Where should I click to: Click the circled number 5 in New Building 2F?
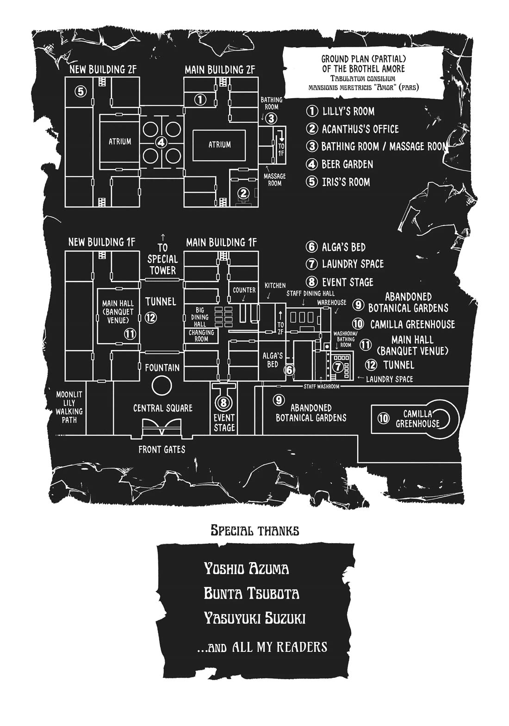[x=81, y=91]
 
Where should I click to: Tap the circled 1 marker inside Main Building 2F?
[x=199, y=99]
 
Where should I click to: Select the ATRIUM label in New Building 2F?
[x=120, y=142]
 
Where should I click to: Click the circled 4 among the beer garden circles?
[x=161, y=142]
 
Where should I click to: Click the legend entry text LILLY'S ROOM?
[x=348, y=111]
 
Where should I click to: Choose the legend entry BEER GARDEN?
[x=347, y=164]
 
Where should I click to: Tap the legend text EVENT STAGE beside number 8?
[x=347, y=282]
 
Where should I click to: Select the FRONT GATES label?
[x=161, y=449]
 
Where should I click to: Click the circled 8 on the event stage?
[x=223, y=402]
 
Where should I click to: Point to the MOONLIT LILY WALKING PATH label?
[x=69, y=407]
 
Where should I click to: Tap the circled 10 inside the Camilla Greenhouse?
[x=383, y=419]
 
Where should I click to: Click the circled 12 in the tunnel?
[x=151, y=318]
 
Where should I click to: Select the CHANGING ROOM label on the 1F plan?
[x=201, y=336]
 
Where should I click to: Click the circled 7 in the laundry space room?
[x=338, y=367]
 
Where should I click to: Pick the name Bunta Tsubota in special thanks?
[x=251, y=594]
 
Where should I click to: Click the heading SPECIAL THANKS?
[x=254, y=530]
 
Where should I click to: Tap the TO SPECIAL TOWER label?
[x=162, y=259]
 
